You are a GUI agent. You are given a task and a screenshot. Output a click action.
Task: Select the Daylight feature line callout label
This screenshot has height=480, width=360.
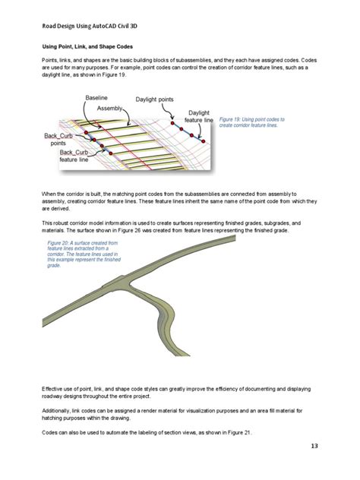click(198, 121)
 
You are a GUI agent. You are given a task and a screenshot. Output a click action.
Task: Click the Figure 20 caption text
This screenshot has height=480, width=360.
click(71, 254)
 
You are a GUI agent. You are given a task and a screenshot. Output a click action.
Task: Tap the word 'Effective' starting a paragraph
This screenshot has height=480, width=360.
click(54, 389)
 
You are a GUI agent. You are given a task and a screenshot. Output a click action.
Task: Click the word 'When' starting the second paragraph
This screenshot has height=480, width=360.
click(50, 195)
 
